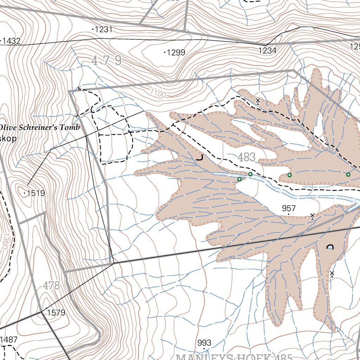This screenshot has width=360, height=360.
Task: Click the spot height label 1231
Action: click(x=103, y=30)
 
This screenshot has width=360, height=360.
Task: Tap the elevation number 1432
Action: click(x=11, y=41)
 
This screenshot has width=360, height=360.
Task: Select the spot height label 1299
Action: click(x=176, y=53)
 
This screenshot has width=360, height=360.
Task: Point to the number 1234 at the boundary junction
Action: click(x=267, y=50)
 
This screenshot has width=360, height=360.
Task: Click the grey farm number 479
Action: click(x=107, y=61)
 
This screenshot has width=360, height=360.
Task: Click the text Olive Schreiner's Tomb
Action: click(x=39, y=127)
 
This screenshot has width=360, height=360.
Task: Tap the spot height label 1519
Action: click(x=36, y=193)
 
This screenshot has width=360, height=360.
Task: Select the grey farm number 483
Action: click(x=246, y=157)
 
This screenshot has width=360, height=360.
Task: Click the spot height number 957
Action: click(x=289, y=208)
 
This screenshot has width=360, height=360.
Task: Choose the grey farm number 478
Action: click(x=51, y=285)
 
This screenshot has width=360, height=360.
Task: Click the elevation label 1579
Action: click(x=56, y=313)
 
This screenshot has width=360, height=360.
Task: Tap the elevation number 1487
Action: click(x=8, y=340)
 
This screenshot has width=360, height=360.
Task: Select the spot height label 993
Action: click(x=204, y=343)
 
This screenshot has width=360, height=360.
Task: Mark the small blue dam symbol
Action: click(x=330, y=247)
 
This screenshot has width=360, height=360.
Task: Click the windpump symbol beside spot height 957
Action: click(x=312, y=216)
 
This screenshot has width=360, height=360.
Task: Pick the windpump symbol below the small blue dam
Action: click(x=332, y=274)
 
